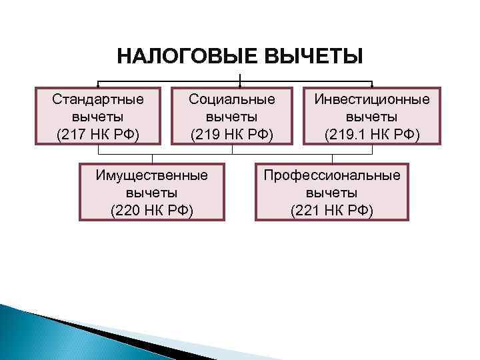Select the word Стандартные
[x=98, y=100]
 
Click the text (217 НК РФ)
[x=98, y=135]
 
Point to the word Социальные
[x=232, y=100]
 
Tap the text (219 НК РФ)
[x=232, y=135]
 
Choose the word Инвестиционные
[x=372, y=100]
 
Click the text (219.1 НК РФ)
[x=372, y=135]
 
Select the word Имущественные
[x=152, y=175]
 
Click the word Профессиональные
[x=332, y=175]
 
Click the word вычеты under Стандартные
[x=98, y=117]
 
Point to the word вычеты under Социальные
[x=232, y=117]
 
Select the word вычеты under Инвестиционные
[x=372, y=117]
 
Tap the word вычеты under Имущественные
[x=152, y=193]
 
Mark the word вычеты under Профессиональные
[x=332, y=193]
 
